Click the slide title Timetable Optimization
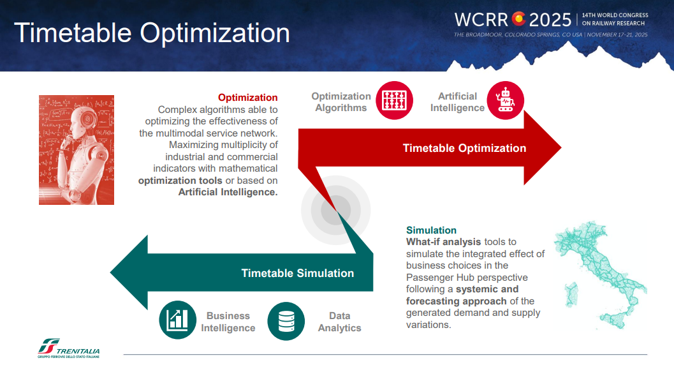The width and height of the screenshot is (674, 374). click(x=152, y=33)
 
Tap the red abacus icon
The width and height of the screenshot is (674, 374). click(x=394, y=100)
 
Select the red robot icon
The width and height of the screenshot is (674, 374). click(x=506, y=100)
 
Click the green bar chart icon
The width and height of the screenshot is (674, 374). click(x=177, y=320)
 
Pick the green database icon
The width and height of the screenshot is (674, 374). click(x=286, y=321)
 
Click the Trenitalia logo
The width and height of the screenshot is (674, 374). click(x=69, y=348)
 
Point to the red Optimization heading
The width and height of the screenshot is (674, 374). click(x=247, y=98)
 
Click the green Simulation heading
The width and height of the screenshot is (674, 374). click(x=431, y=230)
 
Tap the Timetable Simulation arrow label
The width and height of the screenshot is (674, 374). click(x=297, y=273)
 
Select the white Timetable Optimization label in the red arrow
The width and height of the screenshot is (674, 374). click(x=464, y=148)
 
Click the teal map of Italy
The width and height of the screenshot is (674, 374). click(x=601, y=275)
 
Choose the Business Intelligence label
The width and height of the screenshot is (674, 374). click(x=228, y=322)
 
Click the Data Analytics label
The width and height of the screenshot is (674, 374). click(x=340, y=322)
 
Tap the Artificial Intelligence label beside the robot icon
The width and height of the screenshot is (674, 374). click(x=457, y=102)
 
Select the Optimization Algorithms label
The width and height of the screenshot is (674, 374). click(x=341, y=102)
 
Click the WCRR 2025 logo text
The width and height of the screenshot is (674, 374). click(x=513, y=20)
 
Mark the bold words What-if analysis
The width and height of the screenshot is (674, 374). click(x=444, y=242)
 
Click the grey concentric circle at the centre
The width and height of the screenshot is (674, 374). click(x=335, y=210)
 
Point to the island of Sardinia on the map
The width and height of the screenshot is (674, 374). click(x=572, y=294)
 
